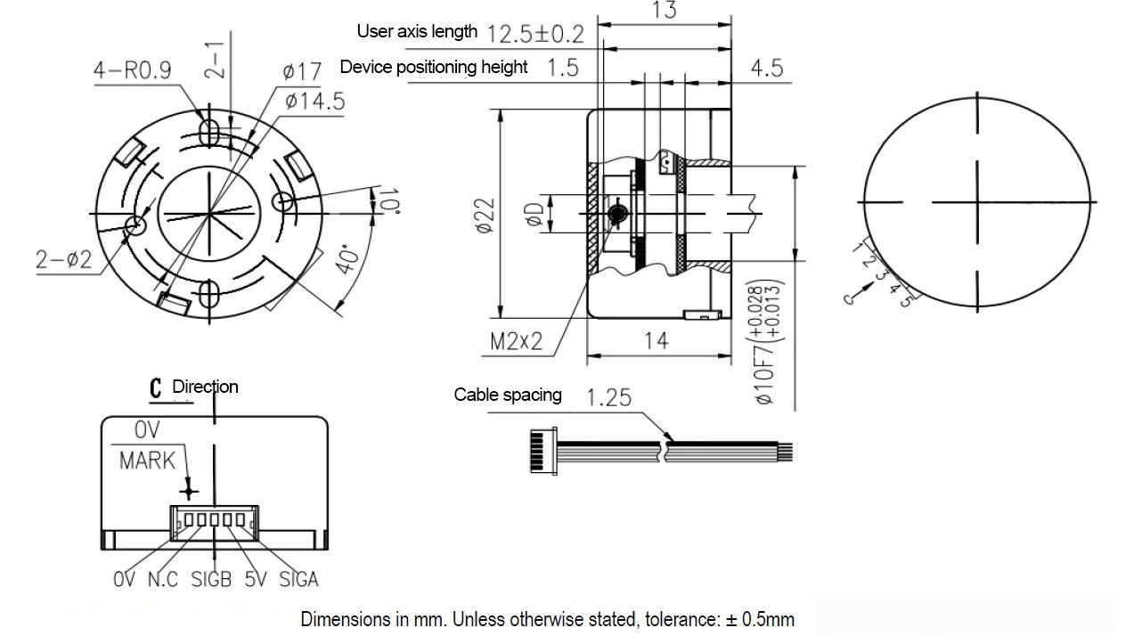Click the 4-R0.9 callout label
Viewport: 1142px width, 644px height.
132,70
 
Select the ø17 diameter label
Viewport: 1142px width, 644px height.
302,71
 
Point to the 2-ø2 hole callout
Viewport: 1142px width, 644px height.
63,259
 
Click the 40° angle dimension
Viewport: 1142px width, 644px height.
348,260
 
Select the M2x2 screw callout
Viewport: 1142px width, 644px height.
516,341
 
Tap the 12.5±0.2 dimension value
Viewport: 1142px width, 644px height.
536,34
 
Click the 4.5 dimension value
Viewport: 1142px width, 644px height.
766,68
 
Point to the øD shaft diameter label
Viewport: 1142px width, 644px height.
534,215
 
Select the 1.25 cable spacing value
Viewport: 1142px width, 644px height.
609,396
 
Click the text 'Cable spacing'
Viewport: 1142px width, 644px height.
508,395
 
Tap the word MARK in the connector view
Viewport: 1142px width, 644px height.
148,461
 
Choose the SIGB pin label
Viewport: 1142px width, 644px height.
211,580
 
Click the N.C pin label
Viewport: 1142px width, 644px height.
163,580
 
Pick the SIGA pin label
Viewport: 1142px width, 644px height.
298,580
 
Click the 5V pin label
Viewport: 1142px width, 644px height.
255,580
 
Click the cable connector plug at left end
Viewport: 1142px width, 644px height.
537,451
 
